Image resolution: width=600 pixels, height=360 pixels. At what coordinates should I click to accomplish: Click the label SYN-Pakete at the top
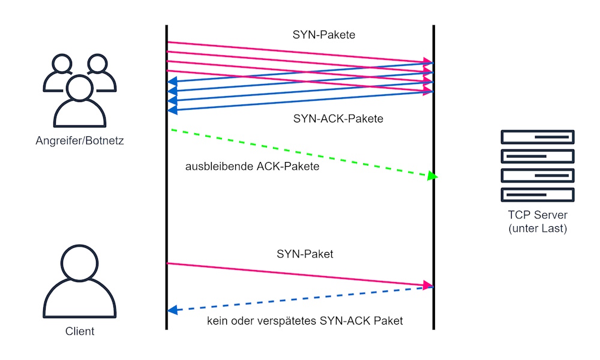(324, 35)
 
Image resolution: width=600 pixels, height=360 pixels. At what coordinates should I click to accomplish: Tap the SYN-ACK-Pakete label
(338, 119)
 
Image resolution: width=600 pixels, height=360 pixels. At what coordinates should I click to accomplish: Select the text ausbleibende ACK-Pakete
(252, 166)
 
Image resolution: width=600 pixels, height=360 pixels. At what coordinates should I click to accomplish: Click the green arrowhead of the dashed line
(433, 176)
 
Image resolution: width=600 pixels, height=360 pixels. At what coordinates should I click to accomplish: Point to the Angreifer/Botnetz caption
(80, 141)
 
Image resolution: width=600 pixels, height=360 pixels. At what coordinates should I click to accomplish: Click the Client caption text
(80, 331)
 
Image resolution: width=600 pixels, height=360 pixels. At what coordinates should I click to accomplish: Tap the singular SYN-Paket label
(305, 254)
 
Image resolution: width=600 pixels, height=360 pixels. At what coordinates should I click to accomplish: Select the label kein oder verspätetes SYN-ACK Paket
(305, 320)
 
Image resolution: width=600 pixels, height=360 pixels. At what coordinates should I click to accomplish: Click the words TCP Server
(538, 215)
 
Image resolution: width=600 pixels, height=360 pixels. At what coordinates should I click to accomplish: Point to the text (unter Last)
(538, 229)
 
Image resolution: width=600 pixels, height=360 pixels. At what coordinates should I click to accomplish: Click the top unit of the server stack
(538, 137)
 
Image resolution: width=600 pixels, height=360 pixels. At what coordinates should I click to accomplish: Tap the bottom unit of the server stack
(538, 195)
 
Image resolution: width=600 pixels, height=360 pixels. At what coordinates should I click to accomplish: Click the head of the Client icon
(80, 263)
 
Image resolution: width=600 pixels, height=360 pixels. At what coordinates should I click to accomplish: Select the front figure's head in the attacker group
(80, 88)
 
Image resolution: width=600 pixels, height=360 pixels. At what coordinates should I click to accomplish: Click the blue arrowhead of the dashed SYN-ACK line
(173, 310)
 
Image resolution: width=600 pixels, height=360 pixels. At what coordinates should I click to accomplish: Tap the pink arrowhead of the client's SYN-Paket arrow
(428, 285)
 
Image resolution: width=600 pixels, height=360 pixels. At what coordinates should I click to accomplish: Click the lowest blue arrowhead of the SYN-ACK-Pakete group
(173, 110)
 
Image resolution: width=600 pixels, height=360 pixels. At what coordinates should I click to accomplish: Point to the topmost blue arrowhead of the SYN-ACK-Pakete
(173, 81)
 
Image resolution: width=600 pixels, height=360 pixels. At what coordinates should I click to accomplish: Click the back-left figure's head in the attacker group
(62, 64)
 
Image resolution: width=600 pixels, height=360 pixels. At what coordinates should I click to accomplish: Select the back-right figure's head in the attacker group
(97, 64)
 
